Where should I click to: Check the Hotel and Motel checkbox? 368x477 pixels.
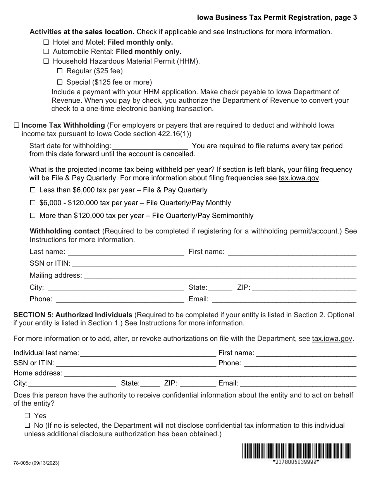coord(46,42)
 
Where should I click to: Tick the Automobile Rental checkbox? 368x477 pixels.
coord(46,51)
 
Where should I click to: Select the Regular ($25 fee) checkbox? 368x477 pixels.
coord(60,71)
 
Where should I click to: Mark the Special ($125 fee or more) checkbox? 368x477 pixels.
coord(60,82)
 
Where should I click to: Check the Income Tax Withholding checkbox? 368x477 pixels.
coord(16,125)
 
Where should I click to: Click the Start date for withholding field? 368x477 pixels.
coord(150,146)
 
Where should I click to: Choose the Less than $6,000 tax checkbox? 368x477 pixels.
coord(33,190)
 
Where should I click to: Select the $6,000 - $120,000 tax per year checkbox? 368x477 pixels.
coord(33,203)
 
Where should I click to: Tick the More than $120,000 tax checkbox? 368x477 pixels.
coord(33,215)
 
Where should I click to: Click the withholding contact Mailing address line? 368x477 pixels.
coord(220,276)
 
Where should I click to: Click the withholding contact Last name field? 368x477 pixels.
coord(126,252)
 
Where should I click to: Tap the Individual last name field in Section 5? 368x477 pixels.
coord(148,353)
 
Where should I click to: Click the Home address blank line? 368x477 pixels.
coord(210,373)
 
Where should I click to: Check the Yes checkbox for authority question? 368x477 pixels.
coord(27,416)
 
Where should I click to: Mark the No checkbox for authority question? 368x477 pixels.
coord(27,425)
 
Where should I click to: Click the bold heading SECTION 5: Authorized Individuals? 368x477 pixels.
coord(73,315)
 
